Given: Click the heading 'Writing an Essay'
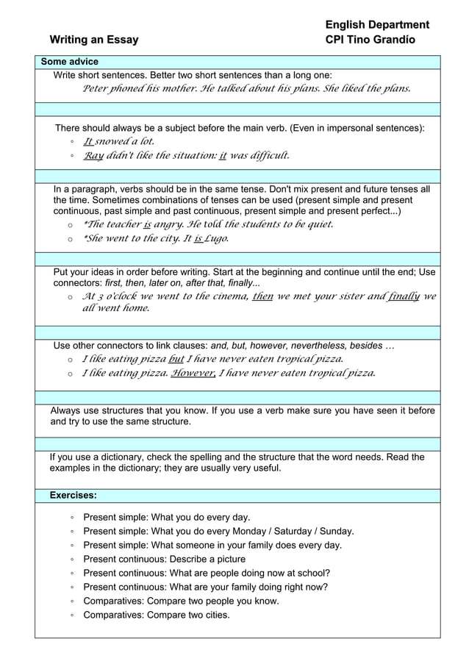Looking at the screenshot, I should [93, 40].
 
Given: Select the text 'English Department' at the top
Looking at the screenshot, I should [377, 25].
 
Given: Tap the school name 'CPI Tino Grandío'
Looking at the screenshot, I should [370, 40].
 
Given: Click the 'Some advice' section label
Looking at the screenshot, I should [69, 62].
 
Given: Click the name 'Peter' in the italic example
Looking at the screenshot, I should [95, 89].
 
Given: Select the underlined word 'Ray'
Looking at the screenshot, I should [93, 155].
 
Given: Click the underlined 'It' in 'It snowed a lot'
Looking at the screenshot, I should [87, 141].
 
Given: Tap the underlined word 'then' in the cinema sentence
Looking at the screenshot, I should [262, 296].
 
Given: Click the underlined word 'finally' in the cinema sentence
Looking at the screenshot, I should [404, 296].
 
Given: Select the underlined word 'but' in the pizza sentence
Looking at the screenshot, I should [176, 359].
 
